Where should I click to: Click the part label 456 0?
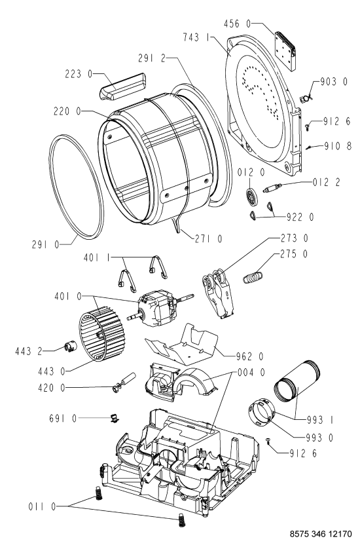point(237,24)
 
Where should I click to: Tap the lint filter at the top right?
point(285,50)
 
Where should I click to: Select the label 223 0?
point(79,74)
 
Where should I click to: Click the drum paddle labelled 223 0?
point(122,86)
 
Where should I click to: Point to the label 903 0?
point(334,82)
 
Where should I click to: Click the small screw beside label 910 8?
point(309,147)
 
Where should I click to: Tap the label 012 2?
point(326,181)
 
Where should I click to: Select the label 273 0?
point(294,238)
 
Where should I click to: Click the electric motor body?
point(156,309)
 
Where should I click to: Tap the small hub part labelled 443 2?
point(69,347)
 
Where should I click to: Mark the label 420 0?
point(52,388)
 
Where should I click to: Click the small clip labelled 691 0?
point(114,418)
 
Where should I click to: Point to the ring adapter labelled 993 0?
point(262,413)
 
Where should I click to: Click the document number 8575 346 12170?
point(321,534)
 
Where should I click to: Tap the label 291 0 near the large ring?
point(46,245)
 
